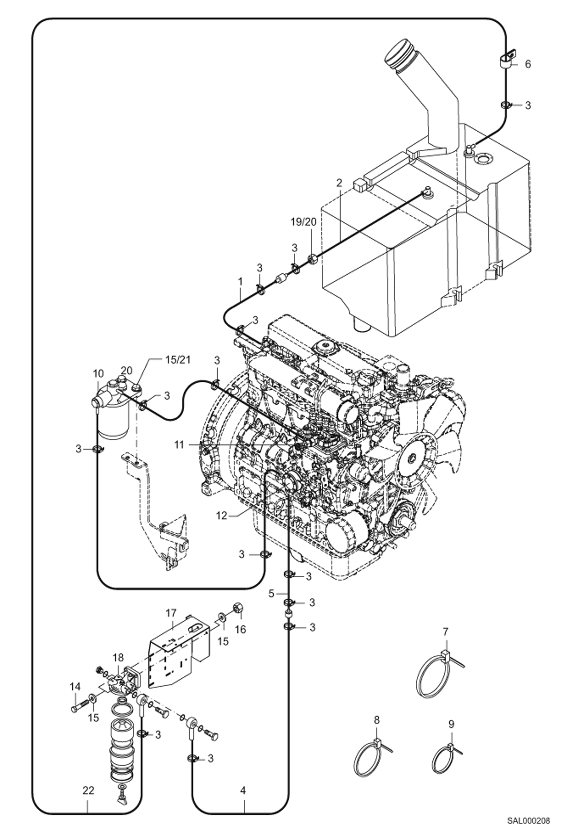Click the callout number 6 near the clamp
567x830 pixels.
coord(527,64)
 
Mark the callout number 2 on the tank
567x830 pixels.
coord(339,183)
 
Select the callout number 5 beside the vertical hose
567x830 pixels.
coord(271,594)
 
